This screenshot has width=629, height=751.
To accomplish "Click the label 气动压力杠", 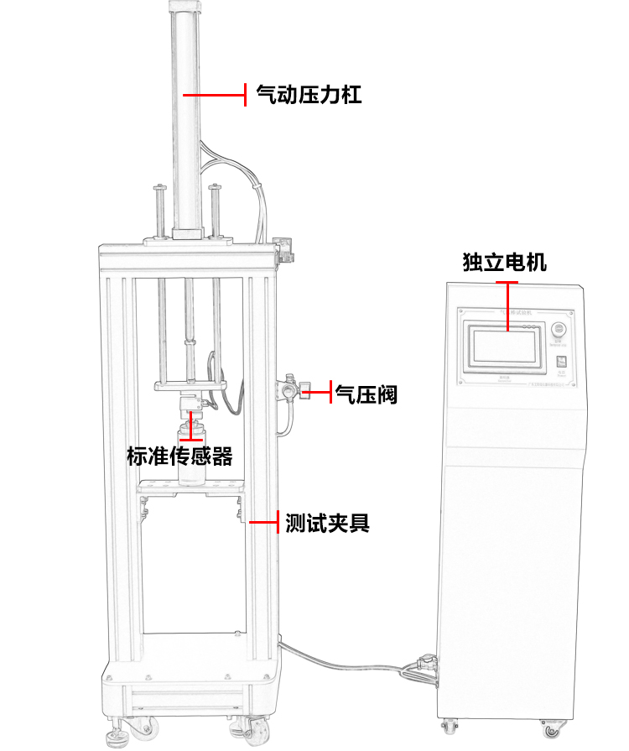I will [308, 94].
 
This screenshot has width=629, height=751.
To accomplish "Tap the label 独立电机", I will [504, 263].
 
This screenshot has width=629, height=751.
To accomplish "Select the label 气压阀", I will [366, 393].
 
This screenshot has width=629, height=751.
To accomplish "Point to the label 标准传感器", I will [179, 456].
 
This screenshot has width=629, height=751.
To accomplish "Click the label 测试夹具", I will [327, 524].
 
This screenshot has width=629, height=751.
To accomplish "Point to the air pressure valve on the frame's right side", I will [289, 391].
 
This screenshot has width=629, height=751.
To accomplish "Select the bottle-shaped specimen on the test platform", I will [192, 457].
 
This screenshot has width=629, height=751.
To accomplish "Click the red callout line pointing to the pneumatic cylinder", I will [214, 95].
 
